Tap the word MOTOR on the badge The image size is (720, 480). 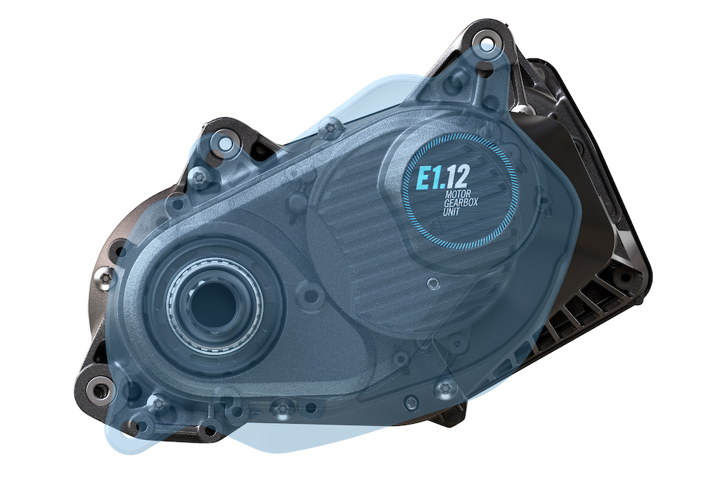pyautogui.click(x=458, y=195)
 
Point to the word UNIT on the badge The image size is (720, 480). pyautogui.click(x=451, y=212)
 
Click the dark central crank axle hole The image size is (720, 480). pyautogui.click(x=214, y=302)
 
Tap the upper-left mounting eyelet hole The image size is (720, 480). pyautogui.click(x=225, y=144)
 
